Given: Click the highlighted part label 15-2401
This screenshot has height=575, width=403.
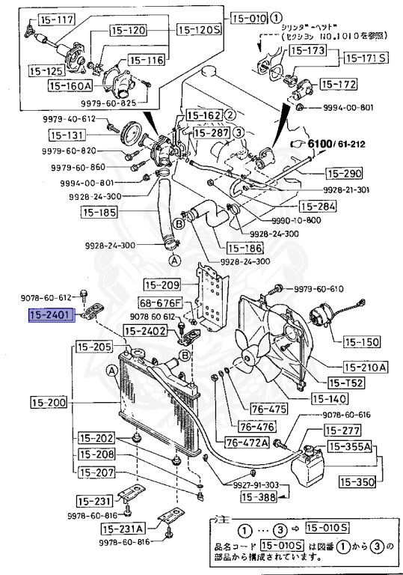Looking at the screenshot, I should click(x=51, y=316).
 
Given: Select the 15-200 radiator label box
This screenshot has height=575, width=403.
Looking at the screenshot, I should click(x=49, y=403).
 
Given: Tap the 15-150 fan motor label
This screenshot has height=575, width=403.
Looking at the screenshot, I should click(x=362, y=342).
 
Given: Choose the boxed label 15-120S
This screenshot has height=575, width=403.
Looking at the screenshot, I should click(x=199, y=29).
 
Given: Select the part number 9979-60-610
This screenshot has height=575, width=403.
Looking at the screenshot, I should click(x=319, y=288).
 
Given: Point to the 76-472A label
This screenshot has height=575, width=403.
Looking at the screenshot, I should click(x=246, y=442).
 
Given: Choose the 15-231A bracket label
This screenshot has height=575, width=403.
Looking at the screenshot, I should click(x=115, y=529).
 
